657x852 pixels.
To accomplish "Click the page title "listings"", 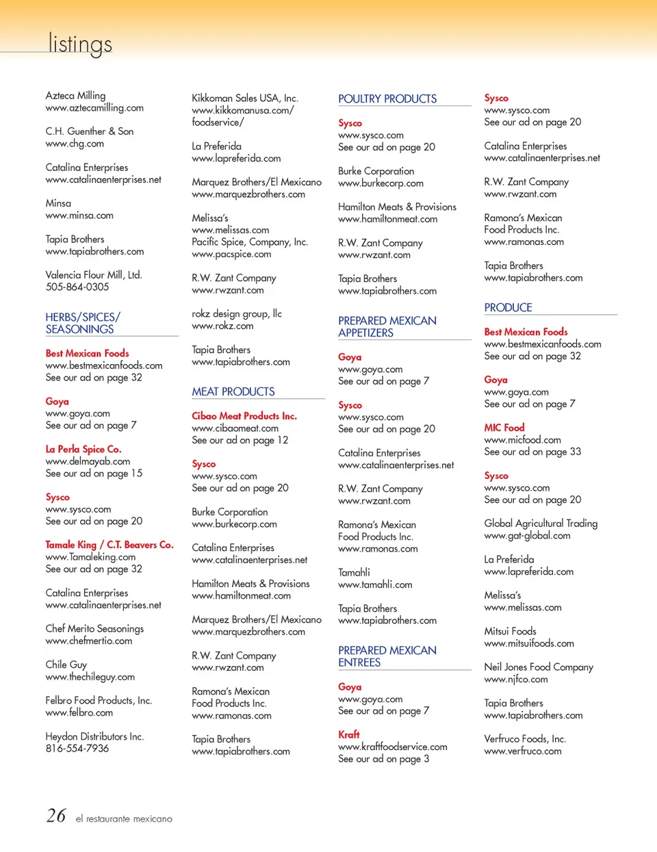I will [80, 44].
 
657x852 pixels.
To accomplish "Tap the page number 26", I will [56, 816].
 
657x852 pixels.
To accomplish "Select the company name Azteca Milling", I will [75, 96].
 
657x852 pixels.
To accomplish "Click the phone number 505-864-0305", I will [77, 287].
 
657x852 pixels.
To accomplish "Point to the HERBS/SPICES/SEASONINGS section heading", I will [82, 323].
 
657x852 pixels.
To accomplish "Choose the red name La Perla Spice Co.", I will [83, 450].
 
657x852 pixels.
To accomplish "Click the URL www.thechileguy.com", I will [90, 677].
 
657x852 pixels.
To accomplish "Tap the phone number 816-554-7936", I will [77, 749].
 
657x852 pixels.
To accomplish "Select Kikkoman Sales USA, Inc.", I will [244, 99].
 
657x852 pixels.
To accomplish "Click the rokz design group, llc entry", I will [237, 313].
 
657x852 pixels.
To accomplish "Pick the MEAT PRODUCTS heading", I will [233, 391].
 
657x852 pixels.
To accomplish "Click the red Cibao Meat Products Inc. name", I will [244, 416].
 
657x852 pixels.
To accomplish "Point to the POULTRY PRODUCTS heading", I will [387, 99].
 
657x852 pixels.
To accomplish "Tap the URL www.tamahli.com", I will [375, 584].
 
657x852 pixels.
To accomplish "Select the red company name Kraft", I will [349, 734].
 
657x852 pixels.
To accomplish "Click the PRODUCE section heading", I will [508, 308].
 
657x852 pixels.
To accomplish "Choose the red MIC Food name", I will [504, 428].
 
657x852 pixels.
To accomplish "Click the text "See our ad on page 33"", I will [532, 452].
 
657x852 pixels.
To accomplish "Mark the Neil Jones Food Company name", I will [539, 667].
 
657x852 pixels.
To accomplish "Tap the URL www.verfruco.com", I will [523, 751].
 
